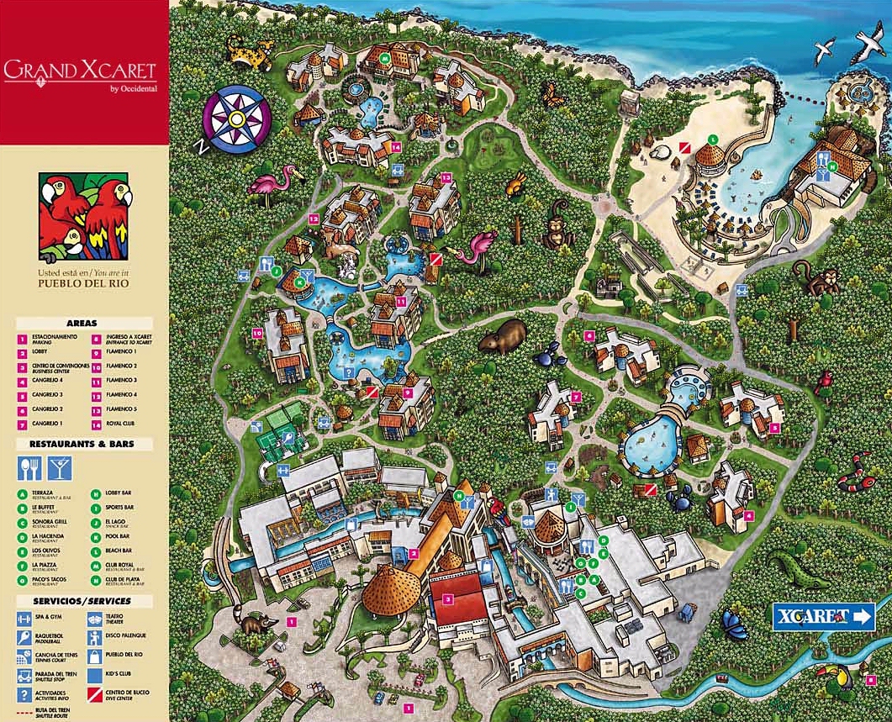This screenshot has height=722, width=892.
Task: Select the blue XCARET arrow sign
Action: tap(823, 616)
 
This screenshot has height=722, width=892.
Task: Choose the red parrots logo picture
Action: tap(84, 217)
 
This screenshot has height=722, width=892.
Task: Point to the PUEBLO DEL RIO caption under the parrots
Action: tap(83, 284)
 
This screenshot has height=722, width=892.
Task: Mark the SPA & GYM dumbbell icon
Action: tap(25, 619)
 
